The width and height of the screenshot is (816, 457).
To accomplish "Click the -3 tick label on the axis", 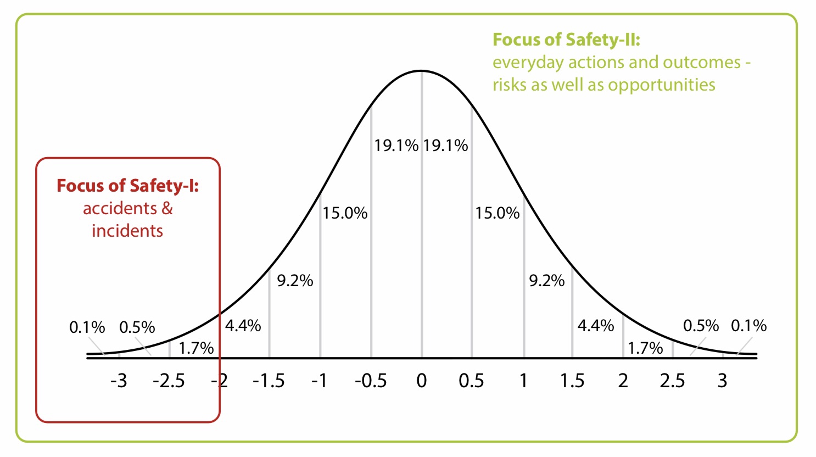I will coord(119,381).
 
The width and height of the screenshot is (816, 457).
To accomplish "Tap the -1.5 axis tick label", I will coord(269,381).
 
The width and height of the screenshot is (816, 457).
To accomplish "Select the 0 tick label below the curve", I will coord(421,381).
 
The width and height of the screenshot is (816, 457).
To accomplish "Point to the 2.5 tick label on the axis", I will coord(673,381).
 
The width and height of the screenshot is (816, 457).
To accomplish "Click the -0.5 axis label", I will coord(371,381).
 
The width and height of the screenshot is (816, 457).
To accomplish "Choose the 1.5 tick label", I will coord(572,381).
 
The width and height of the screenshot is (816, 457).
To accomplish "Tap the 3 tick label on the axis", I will coord(722,381).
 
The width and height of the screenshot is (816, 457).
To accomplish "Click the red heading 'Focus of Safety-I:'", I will coord(128,186).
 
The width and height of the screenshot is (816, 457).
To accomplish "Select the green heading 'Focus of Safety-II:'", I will coord(566,40).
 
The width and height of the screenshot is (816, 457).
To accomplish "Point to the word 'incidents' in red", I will coord(127,231).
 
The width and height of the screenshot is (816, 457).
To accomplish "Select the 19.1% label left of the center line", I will coord(396,146).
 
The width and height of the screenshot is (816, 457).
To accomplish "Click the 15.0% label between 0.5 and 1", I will coord(498,213).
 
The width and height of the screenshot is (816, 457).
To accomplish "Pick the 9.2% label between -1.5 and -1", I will coord(295,281).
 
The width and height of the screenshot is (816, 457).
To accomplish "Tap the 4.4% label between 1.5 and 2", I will coord(596,326).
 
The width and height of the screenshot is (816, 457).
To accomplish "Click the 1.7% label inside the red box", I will coord(196,348).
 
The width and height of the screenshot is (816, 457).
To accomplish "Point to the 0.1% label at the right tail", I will coord(748,326).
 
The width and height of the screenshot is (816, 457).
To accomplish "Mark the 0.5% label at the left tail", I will coord(137,327).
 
